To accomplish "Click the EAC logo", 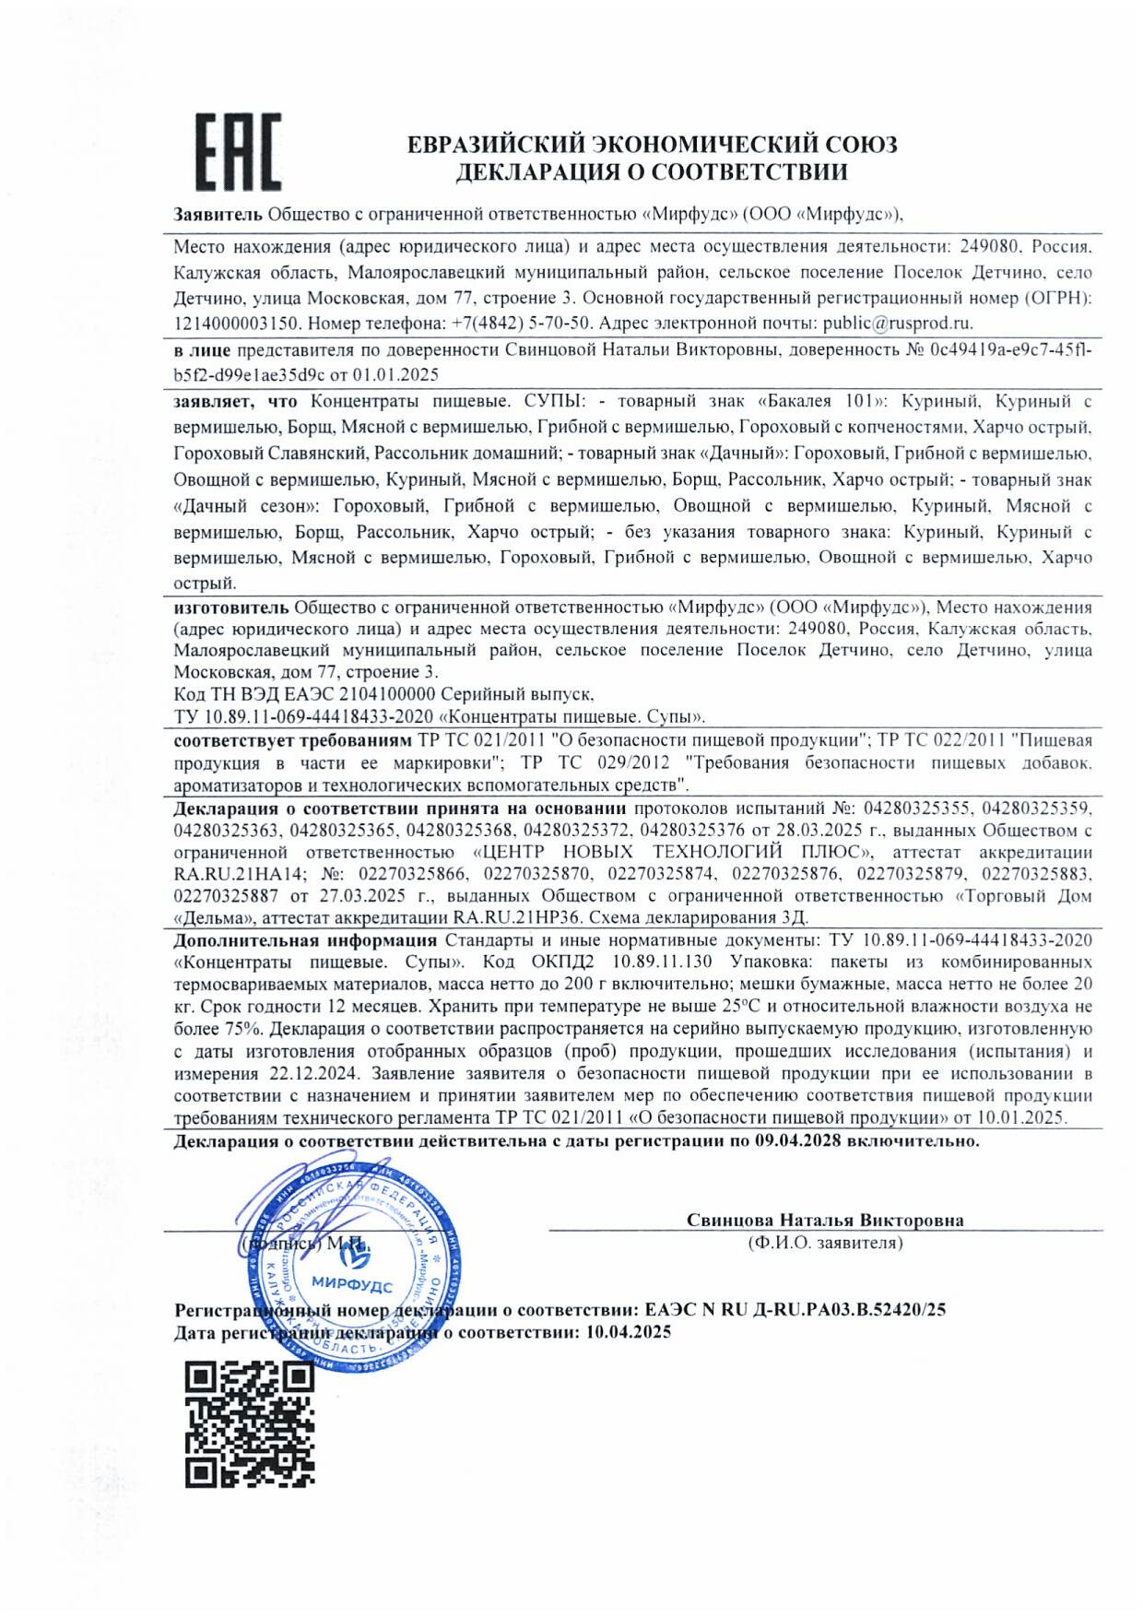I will pyautogui.click(x=238, y=152).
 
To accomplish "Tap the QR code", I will pyautogui.click(x=249, y=1424).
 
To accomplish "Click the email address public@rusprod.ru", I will pyautogui.click(x=897, y=324).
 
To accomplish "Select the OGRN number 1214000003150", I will pyautogui.click(x=237, y=324).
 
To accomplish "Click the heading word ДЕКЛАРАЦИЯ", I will pyautogui.click(x=536, y=172).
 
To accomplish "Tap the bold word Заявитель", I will pyautogui.click(x=218, y=215).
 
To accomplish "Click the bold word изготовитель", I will pyautogui.click(x=231, y=608).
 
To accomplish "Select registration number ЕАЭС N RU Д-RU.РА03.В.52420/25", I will pyautogui.click(x=795, y=1310).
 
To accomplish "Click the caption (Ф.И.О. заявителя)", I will pyautogui.click(x=825, y=1244).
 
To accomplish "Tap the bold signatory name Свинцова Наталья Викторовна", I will pyautogui.click(x=825, y=1221).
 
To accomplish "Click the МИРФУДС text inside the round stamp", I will pyautogui.click(x=351, y=1285).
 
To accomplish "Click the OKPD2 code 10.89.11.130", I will pyautogui.click(x=663, y=962).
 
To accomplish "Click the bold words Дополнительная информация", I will pyautogui.click(x=305, y=940).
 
